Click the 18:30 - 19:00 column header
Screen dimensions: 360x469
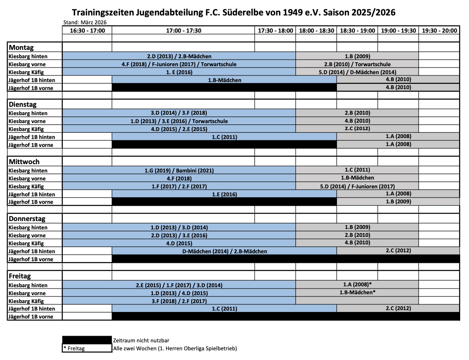(x=357, y=30)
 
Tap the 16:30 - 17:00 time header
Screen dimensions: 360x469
(x=87, y=30)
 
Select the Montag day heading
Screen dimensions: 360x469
(x=22, y=48)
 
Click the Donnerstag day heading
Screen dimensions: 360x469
(x=27, y=219)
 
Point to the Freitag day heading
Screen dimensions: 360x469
(x=20, y=276)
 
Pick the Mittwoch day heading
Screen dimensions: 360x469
(x=25, y=162)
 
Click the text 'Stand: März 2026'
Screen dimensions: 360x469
(x=85, y=22)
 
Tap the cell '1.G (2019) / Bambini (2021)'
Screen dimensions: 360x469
(x=179, y=170)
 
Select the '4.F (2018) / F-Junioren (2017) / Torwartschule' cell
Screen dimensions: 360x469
(x=179, y=64)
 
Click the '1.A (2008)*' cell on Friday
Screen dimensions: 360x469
(x=357, y=285)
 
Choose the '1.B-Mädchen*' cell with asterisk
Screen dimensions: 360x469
(x=357, y=292)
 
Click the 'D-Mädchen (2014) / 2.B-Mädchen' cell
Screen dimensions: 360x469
(x=224, y=251)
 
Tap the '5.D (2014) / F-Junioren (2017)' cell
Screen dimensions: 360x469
(x=357, y=186)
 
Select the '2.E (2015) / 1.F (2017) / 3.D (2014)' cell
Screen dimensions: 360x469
(x=179, y=285)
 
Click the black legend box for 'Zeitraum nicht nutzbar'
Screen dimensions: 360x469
(x=87, y=340)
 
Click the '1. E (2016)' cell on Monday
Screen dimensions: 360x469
(x=179, y=72)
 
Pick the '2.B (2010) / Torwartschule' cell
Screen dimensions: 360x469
(x=357, y=64)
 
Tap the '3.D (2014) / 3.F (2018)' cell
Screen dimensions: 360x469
(x=179, y=113)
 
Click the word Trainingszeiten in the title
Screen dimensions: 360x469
(x=102, y=12)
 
